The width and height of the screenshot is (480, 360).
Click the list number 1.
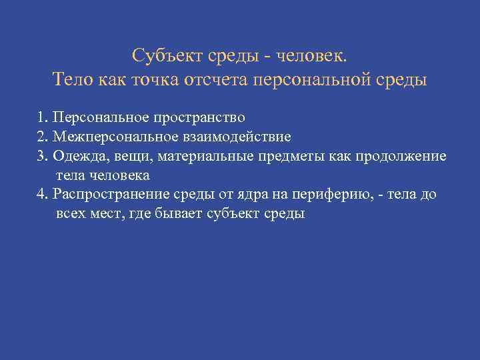(x=42, y=119)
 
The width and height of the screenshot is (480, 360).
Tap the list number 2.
(x=42, y=137)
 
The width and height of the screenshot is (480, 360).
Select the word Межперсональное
(x=109, y=137)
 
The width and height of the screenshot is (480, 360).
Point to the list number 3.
(x=42, y=156)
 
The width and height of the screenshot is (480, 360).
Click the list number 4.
(x=42, y=194)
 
